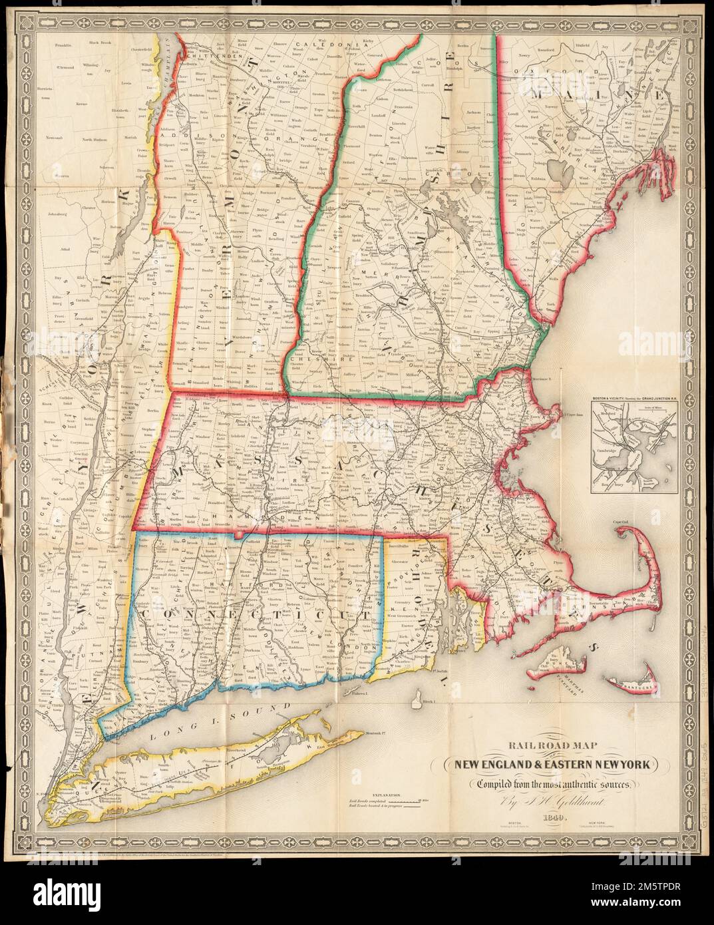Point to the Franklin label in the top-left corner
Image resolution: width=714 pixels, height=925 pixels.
coord(63,47)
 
